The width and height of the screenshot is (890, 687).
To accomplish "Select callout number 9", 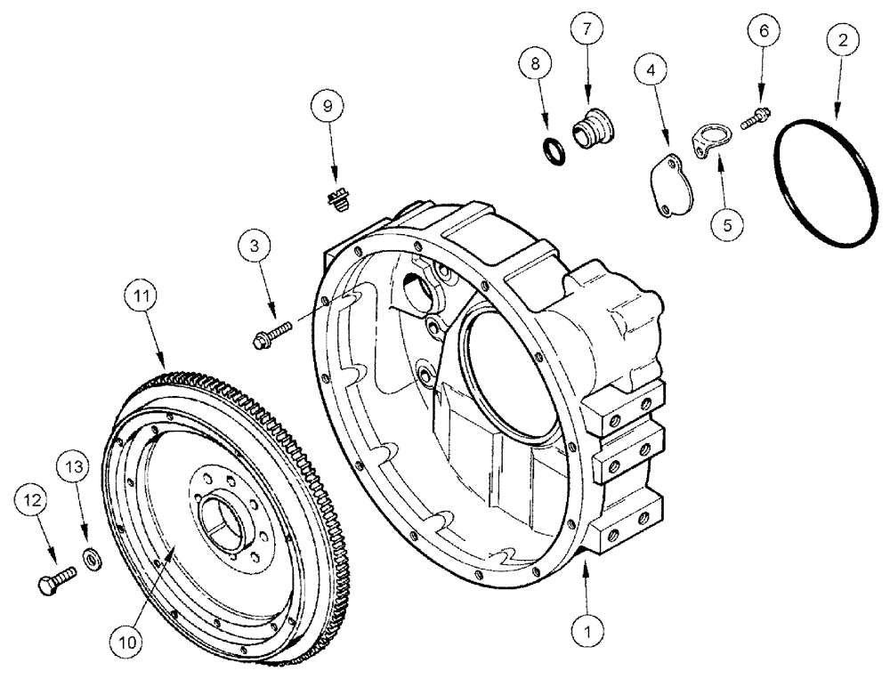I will [x=328, y=106].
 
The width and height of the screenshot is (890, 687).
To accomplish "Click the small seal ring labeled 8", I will [x=552, y=150].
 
